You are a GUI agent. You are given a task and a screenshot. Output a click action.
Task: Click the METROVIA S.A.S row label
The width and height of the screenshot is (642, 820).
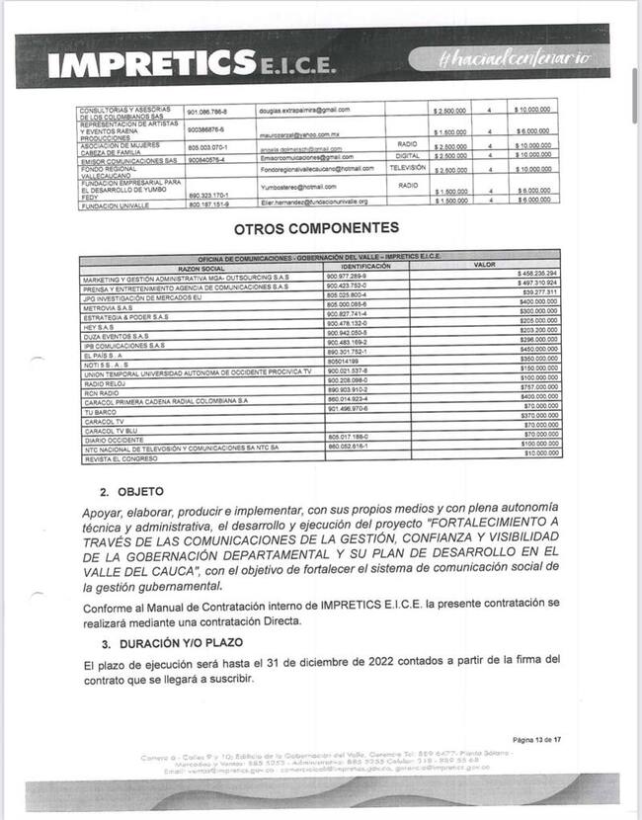[109, 307]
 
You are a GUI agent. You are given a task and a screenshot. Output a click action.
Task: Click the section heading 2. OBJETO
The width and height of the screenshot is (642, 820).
[131, 491]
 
